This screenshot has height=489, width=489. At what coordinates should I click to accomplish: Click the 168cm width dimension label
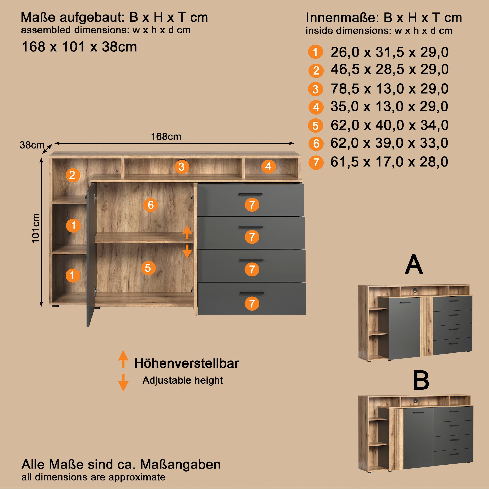166,137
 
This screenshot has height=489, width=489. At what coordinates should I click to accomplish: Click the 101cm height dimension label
36,228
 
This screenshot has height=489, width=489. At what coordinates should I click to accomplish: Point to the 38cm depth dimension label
32,145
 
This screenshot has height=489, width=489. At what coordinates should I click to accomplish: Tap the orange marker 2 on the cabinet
73,175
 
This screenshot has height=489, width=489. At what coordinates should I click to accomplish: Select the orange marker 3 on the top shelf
182,167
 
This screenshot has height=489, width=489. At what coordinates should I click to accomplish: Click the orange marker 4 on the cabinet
268,166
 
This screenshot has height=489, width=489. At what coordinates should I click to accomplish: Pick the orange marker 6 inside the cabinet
151,205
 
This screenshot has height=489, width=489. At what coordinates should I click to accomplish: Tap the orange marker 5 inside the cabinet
148,268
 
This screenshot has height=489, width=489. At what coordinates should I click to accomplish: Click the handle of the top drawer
251,194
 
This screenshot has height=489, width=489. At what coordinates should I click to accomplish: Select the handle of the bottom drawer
252,293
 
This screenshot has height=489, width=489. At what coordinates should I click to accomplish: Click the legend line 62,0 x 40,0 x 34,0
390,125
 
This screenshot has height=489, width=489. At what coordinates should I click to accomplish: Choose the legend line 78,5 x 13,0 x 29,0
390,89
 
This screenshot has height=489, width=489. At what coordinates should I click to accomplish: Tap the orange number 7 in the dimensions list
316,162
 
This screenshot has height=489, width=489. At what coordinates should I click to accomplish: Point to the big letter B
421,381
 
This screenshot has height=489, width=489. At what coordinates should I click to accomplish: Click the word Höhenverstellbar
187,363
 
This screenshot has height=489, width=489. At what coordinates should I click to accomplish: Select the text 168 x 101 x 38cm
79,47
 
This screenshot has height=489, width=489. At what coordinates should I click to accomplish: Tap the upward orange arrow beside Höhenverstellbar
123,359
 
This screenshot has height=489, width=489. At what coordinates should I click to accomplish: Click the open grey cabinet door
91,254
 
